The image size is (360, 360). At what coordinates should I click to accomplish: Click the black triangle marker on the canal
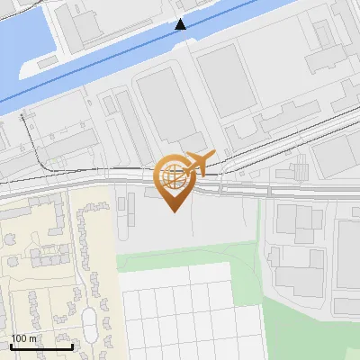pos(181,24)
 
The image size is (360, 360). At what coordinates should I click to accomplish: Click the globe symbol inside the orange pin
pos(174,175)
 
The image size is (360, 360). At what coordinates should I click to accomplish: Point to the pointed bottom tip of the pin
pos(174,211)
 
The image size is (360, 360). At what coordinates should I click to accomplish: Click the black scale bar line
pos(40,346)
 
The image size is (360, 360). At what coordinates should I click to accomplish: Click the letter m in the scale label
pos(31,338)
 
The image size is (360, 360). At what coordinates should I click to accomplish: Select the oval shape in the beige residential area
pos(89,319)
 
